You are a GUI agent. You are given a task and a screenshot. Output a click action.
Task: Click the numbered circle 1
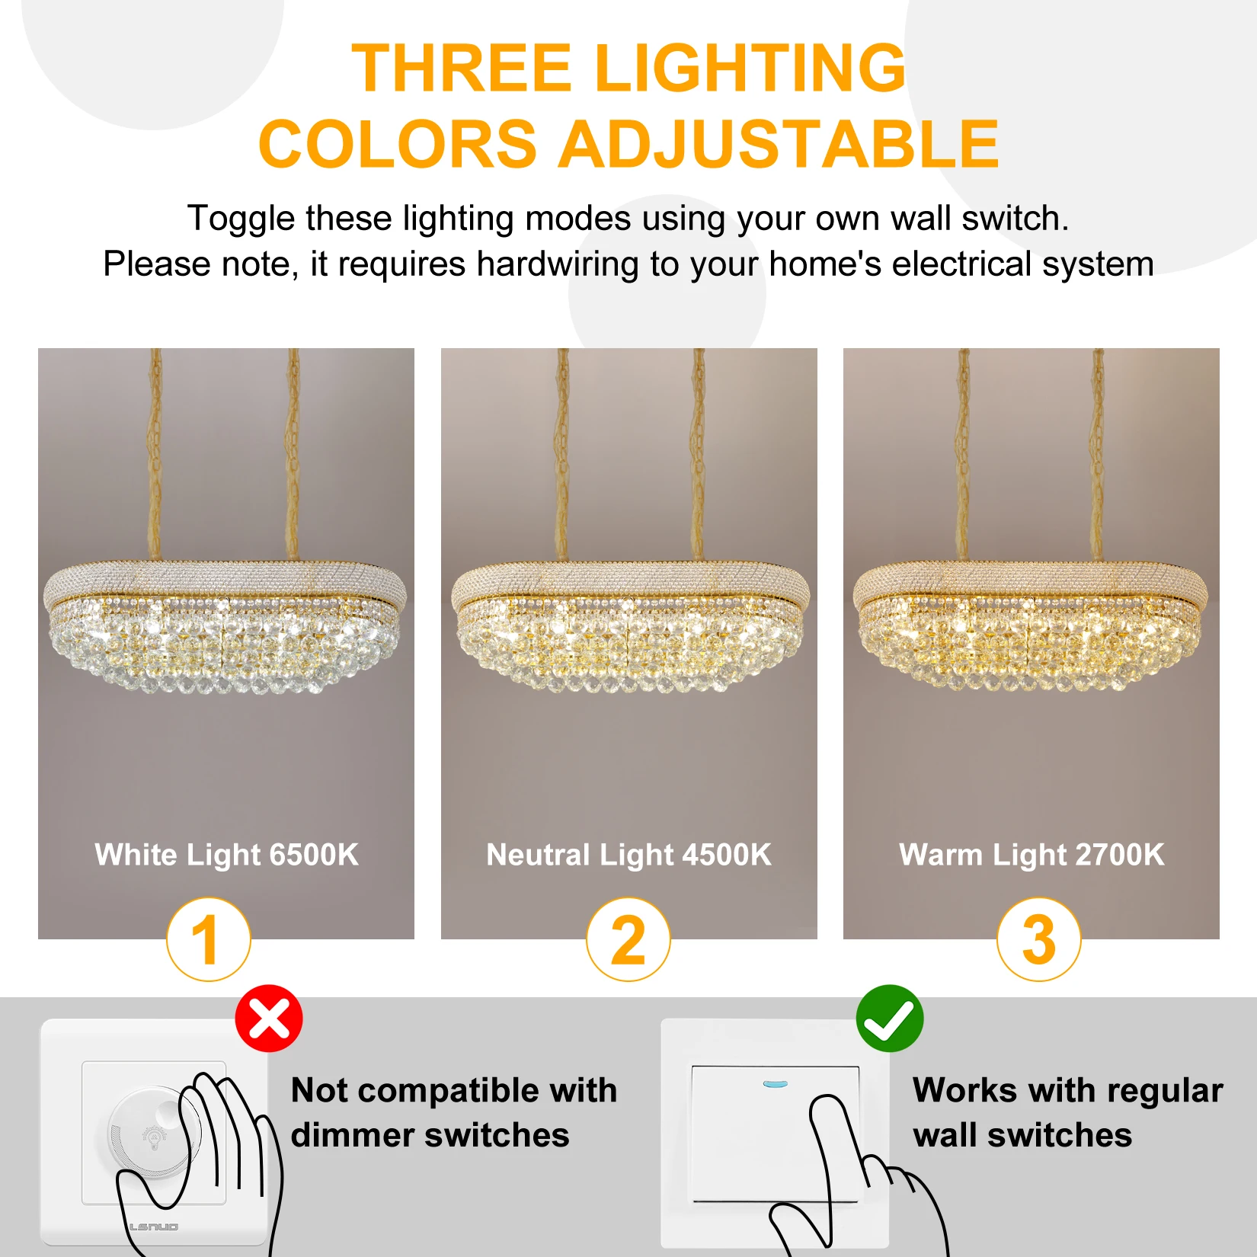(x=209, y=939)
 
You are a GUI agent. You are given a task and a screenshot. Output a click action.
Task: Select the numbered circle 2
(x=628, y=939)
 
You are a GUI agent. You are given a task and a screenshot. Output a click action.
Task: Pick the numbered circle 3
(x=1039, y=939)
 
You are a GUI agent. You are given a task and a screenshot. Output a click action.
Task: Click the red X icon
(x=269, y=1019)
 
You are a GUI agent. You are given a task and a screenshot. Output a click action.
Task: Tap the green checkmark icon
(x=890, y=1019)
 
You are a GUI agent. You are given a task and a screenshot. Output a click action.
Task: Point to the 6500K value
(x=314, y=855)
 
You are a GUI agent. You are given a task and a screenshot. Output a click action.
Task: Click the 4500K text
(x=727, y=855)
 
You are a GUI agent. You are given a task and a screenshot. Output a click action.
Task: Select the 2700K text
(x=1120, y=855)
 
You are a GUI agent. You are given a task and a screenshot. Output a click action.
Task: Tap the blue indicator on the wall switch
(x=776, y=1083)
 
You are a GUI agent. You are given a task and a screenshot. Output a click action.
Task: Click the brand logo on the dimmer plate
(x=153, y=1227)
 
